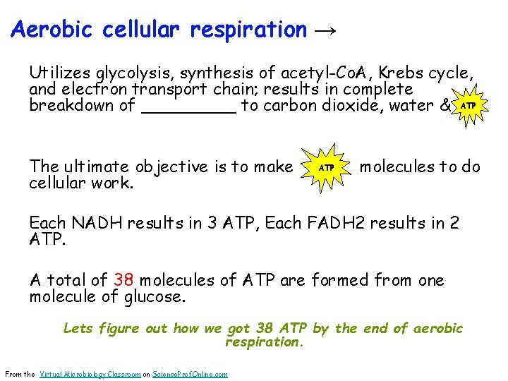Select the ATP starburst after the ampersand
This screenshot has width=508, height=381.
[x=467, y=105]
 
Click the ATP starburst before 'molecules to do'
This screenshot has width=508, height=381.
[x=326, y=168]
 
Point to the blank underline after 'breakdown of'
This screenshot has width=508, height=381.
[x=188, y=107]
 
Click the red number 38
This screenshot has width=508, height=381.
[x=123, y=280]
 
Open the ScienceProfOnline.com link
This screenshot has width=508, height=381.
[x=189, y=374]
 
